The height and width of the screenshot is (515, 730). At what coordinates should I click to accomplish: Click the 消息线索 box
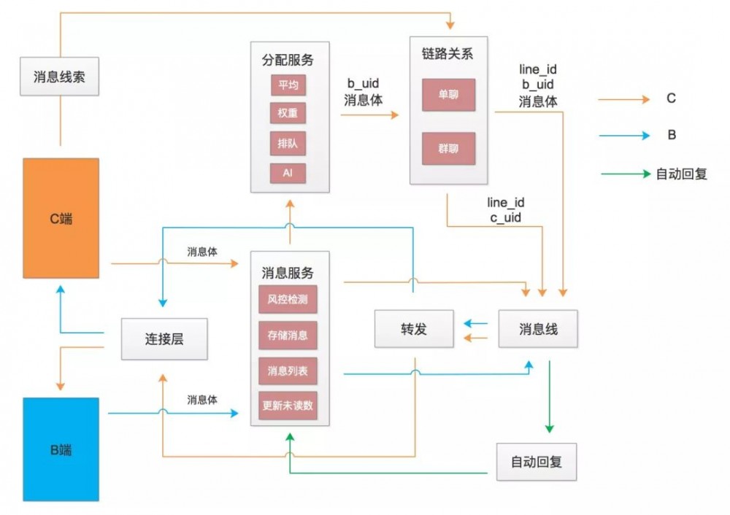(59, 77)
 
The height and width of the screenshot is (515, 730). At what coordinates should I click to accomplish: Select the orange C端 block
(61, 218)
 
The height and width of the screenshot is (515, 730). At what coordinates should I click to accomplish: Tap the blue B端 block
(61, 449)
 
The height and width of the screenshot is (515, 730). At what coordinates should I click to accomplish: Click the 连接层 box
(164, 339)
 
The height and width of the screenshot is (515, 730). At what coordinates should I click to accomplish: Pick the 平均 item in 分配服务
(288, 85)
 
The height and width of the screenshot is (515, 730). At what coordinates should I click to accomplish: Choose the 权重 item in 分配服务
(288, 114)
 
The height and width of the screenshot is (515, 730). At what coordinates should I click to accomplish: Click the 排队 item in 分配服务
(288, 143)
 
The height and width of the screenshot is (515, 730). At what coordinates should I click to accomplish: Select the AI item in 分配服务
(288, 173)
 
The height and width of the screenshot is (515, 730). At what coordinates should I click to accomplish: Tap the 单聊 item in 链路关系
(448, 95)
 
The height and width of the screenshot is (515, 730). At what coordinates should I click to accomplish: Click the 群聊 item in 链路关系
(448, 149)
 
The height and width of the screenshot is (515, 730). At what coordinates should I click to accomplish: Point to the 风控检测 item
(288, 300)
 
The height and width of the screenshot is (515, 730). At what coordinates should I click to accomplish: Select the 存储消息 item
(288, 336)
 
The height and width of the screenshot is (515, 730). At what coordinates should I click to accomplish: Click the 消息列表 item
(288, 371)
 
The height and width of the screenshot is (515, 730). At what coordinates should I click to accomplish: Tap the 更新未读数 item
(288, 406)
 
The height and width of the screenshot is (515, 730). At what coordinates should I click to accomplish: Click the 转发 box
(413, 329)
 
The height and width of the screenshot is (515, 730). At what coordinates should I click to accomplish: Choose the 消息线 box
(537, 329)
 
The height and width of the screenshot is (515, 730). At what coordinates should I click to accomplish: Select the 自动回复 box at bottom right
(536, 462)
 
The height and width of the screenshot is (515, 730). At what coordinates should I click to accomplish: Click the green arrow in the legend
(625, 174)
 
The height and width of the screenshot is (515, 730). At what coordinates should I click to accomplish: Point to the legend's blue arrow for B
(623, 136)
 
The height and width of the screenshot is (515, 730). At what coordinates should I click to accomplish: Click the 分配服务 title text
(288, 60)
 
